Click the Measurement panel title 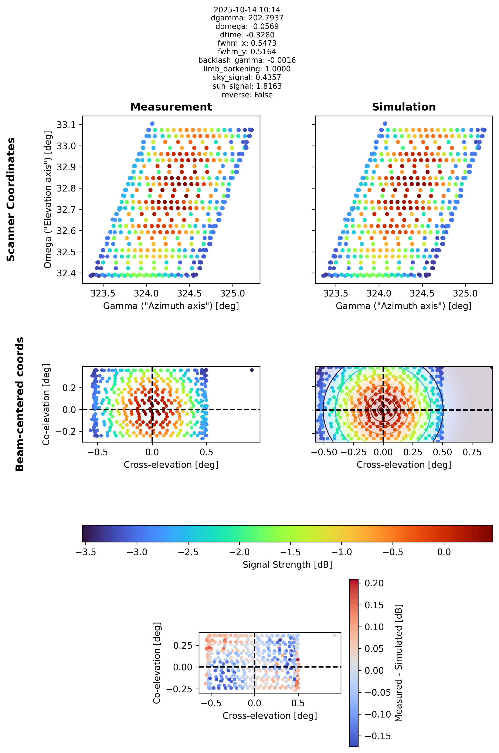tap(171, 107)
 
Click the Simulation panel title tap(404, 107)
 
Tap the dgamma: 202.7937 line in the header tap(247, 18)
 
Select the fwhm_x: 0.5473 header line tap(247, 43)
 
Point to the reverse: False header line tap(247, 95)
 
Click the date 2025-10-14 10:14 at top tap(247, 10)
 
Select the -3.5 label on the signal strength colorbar tap(86, 552)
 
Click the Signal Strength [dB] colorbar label tap(287, 565)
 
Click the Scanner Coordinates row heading tap(11, 200)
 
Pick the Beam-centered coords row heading tap(20, 404)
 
